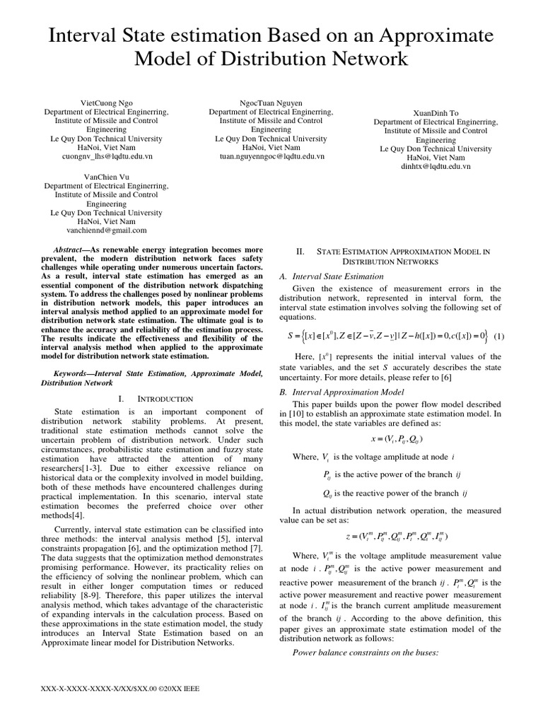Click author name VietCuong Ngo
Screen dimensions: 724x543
[106, 103]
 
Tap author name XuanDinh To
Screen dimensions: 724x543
[435, 112]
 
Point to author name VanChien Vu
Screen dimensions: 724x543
[106, 176]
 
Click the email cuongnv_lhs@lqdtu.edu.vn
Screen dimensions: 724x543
[106, 157]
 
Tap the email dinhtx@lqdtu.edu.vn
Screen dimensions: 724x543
[435, 167]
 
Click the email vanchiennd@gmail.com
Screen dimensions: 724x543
[106, 230]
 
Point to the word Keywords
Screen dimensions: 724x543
[76, 372]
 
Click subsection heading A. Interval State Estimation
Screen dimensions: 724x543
[332, 276]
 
